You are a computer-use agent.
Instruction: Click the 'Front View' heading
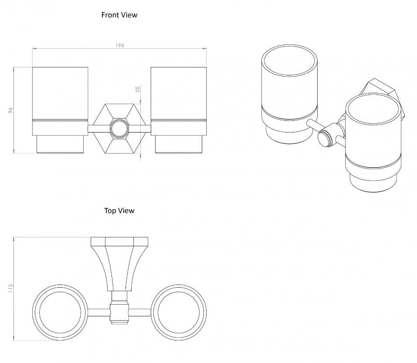(119, 15)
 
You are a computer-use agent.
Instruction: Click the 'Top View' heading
(119, 210)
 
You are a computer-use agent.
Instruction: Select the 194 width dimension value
(119, 45)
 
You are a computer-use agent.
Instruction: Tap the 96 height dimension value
(12, 110)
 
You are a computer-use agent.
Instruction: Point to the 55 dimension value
(138, 88)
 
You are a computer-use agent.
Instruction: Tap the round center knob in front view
(119, 129)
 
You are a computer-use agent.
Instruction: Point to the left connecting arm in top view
(99, 312)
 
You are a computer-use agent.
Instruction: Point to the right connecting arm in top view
(139, 312)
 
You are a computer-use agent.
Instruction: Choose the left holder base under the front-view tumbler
(60, 137)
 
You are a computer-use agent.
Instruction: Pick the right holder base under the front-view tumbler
(178, 137)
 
